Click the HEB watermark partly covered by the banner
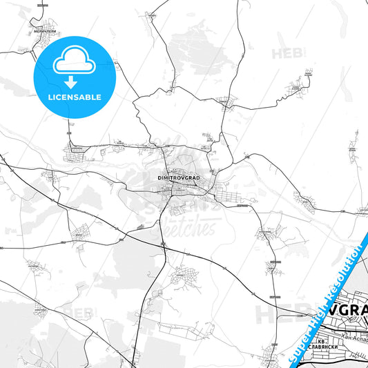click(273, 314)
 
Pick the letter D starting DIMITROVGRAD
click(159, 177)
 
